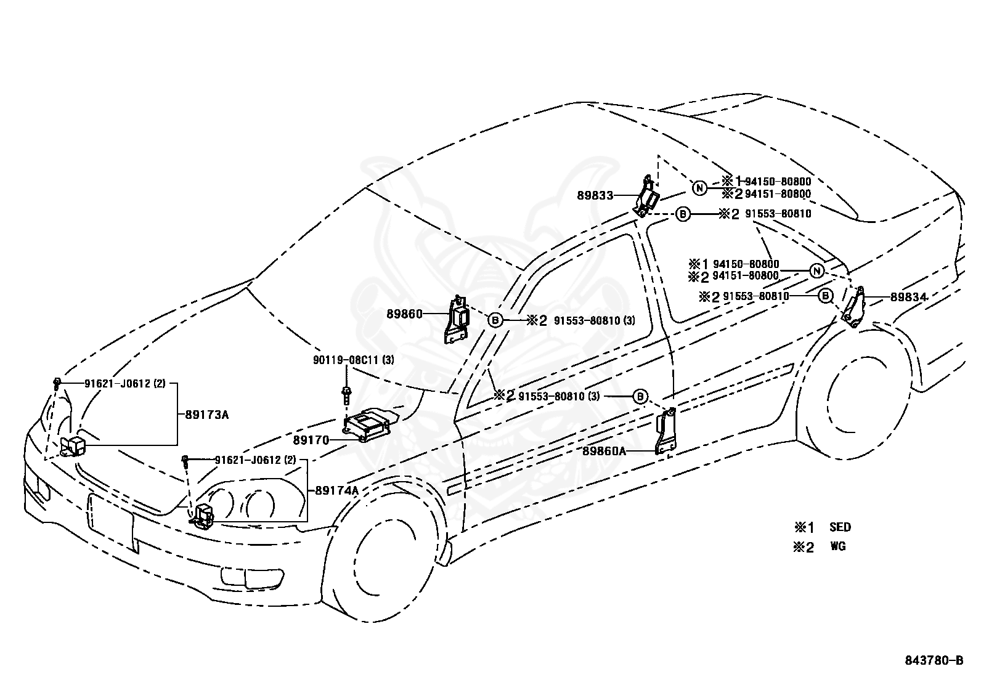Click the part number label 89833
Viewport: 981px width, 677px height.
(595, 195)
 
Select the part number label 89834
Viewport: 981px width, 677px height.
(909, 298)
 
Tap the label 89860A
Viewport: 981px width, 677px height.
(604, 450)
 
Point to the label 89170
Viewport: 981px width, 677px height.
(311, 440)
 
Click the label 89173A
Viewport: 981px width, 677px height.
(206, 415)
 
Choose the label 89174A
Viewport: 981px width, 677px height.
(337, 490)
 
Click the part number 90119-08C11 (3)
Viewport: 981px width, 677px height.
(354, 360)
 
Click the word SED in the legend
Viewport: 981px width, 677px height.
(840, 527)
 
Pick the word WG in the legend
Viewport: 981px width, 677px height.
(838, 546)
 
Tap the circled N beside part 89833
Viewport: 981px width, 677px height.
(700, 189)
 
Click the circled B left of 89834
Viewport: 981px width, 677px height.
(825, 296)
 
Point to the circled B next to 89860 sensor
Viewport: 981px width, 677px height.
(495, 320)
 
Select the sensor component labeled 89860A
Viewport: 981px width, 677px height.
(666, 431)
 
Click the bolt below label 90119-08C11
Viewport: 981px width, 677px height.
(346, 395)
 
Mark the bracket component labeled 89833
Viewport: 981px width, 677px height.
(646, 197)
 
